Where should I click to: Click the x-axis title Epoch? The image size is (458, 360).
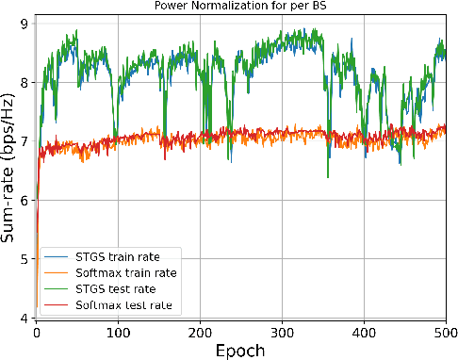click(x=245, y=350)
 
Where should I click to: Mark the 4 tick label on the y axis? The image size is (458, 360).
click(x=25, y=319)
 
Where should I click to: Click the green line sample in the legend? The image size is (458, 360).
click(x=57, y=288)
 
